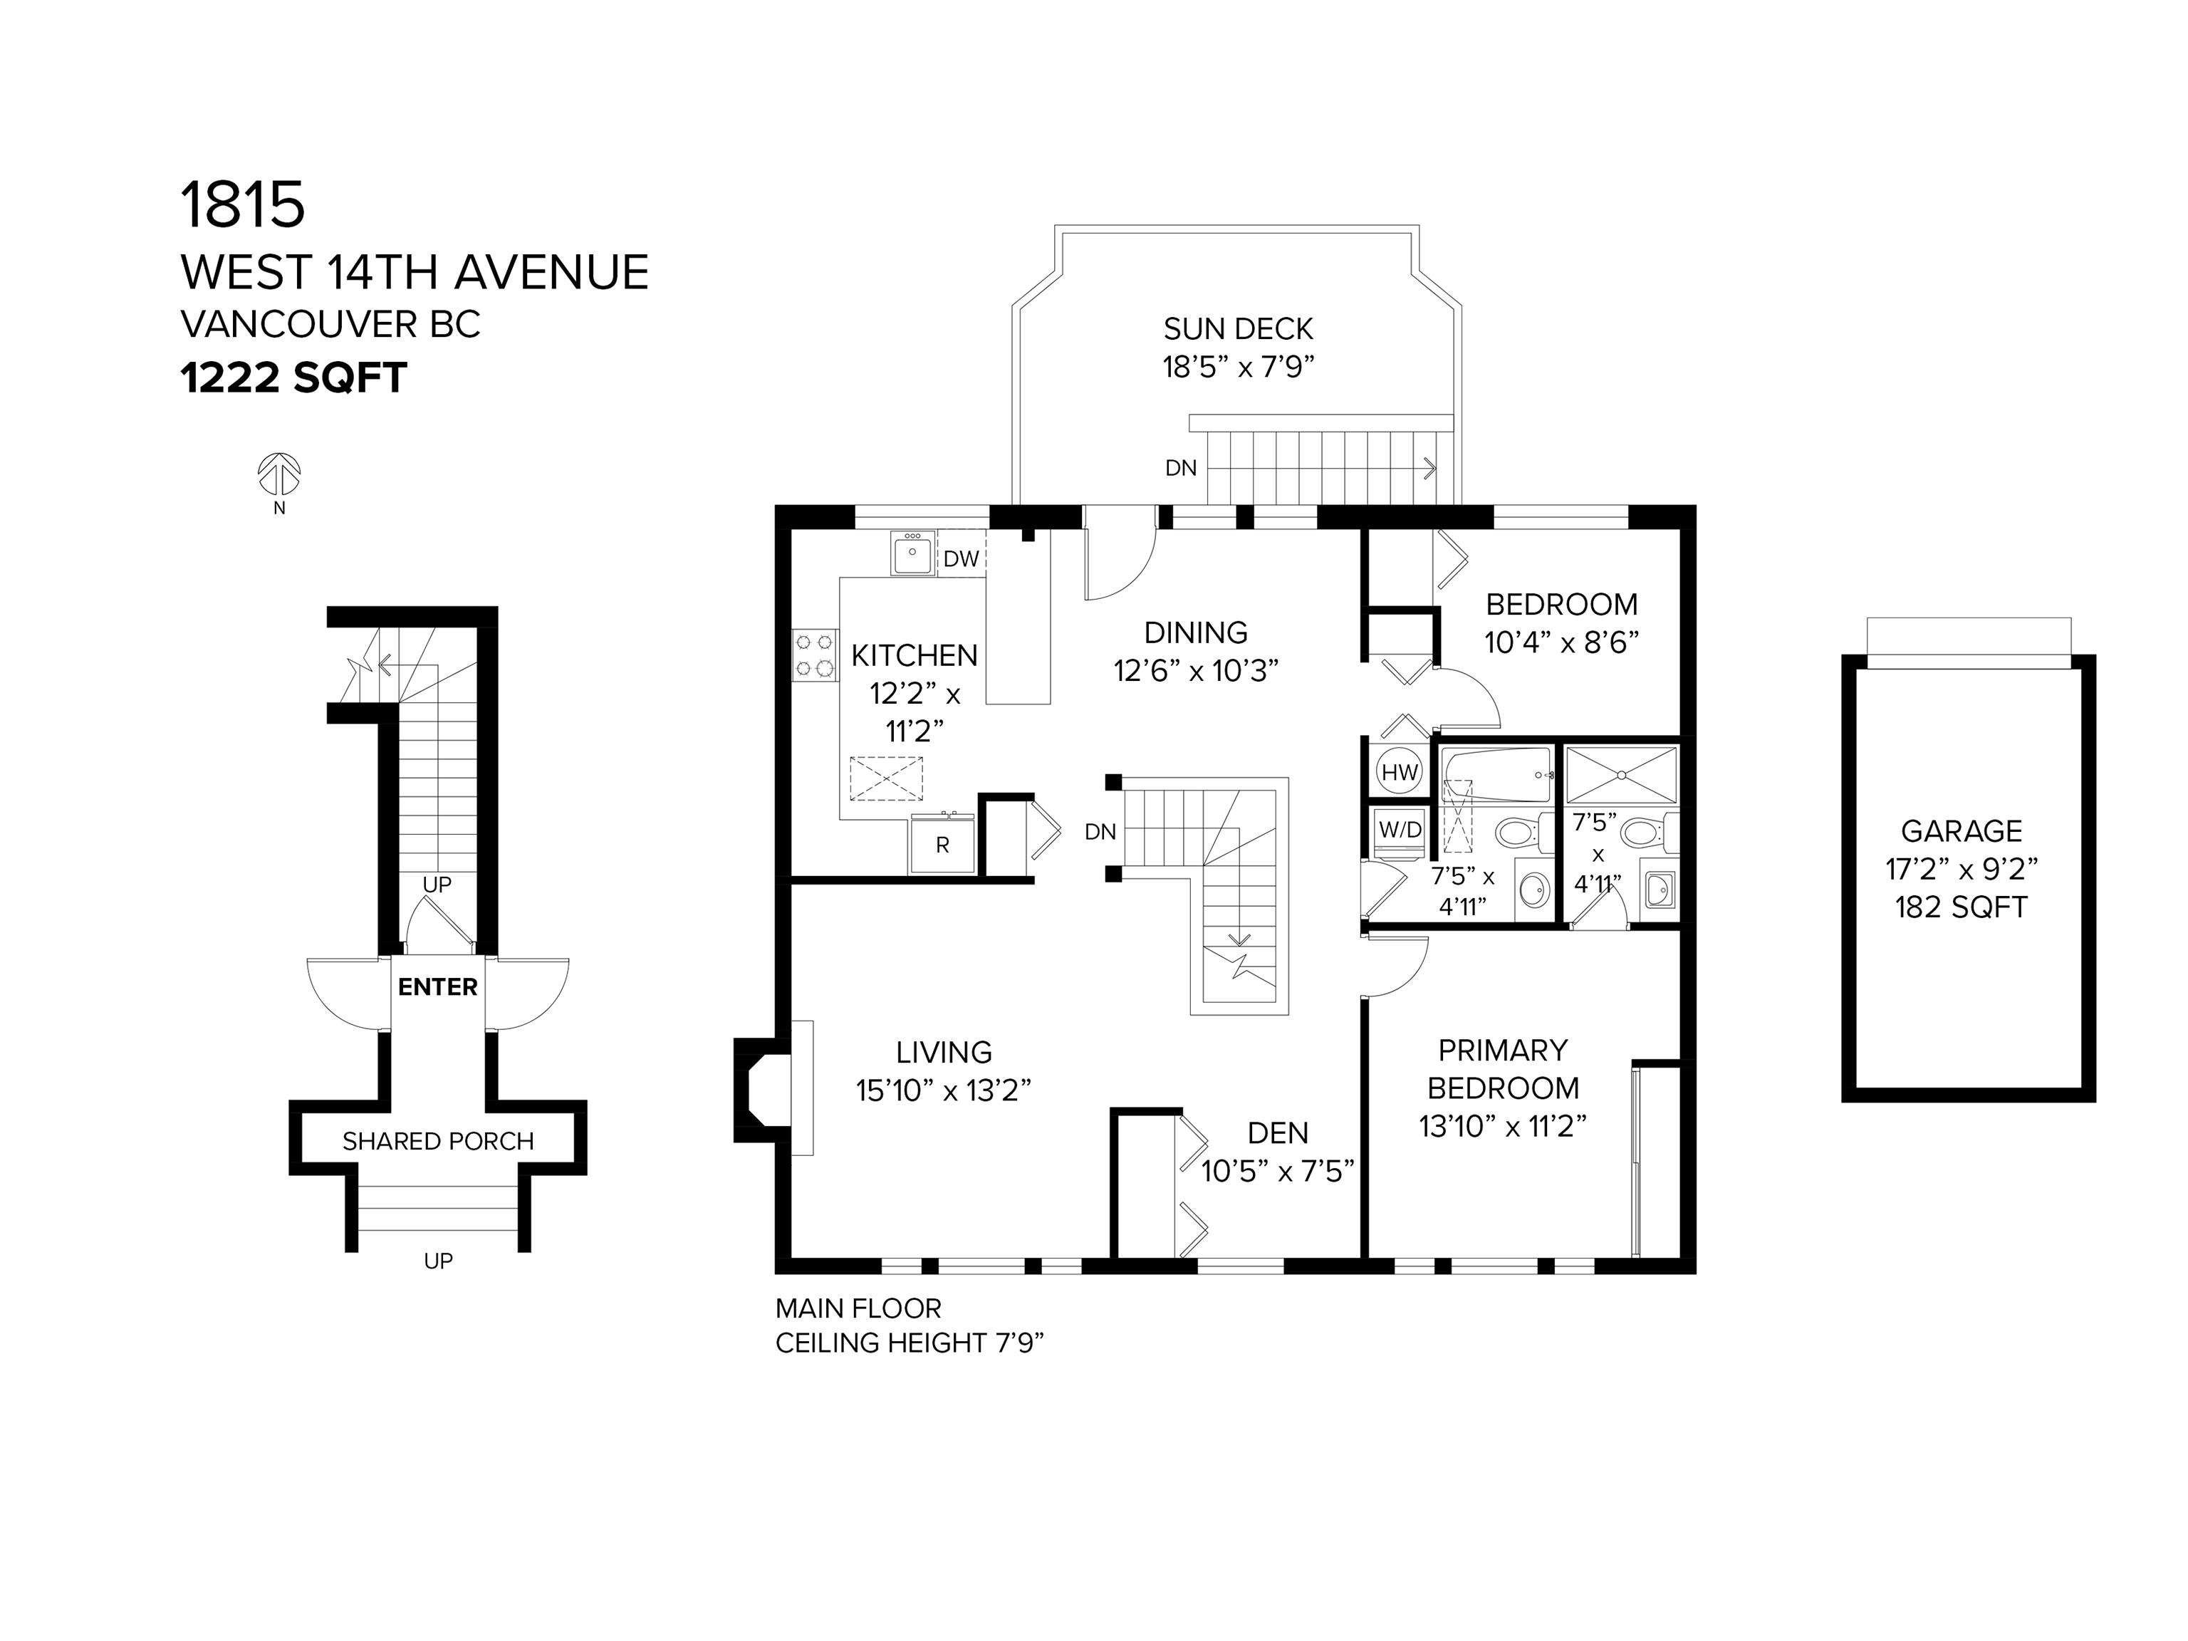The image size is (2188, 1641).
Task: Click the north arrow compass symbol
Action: click(279, 475)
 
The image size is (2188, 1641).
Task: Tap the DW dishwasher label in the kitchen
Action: click(961, 559)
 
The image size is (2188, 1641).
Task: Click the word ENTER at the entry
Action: click(437, 986)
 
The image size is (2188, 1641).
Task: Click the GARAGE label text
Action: click(1962, 831)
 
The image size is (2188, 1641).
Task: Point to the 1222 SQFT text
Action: click(293, 378)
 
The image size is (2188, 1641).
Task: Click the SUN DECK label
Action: click(1239, 328)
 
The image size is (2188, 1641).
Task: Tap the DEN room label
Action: click(1278, 1132)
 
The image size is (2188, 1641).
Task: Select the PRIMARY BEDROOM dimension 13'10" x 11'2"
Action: click(1503, 1125)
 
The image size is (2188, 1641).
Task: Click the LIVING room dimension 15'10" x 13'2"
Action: click(944, 1090)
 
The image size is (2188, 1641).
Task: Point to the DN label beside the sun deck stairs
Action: click(1181, 468)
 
